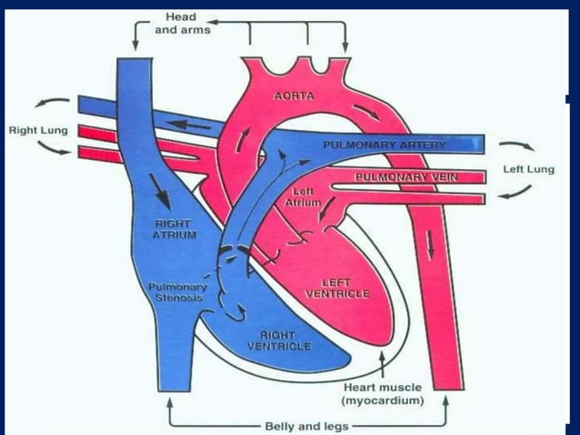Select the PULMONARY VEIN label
pyautogui.click(x=401, y=176)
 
